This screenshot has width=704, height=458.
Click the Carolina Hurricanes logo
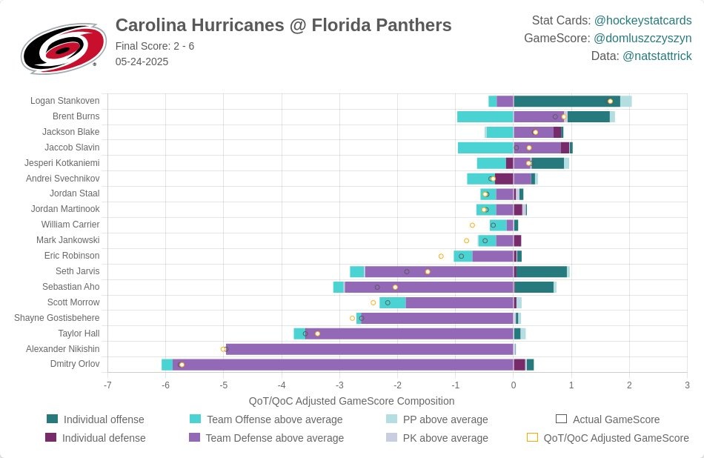(59, 47)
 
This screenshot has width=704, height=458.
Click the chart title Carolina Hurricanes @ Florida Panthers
(283, 25)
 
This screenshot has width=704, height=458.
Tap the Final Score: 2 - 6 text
(155, 46)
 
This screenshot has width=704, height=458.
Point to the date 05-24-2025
(142, 62)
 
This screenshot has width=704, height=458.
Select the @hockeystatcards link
(642, 21)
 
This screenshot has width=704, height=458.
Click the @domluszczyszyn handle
(642, 39)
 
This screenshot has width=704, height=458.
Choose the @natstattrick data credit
(657, 56)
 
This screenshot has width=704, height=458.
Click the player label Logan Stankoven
(64, 101)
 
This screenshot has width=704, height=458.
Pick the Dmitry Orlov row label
(75, 364)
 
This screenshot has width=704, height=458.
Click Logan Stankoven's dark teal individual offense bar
(566, 102)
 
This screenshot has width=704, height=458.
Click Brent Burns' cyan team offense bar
(485, 116)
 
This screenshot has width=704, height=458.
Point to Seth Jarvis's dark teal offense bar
(542, 271)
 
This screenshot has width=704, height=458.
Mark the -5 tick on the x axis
(223, 385)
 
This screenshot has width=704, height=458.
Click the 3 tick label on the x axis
(687, 385)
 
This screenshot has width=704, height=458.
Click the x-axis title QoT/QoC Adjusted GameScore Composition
(351, 401)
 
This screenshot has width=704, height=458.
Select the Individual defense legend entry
(103, 438)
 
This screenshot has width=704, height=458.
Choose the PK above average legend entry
(445, 438)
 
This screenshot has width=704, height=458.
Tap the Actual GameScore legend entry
(616, 419)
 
